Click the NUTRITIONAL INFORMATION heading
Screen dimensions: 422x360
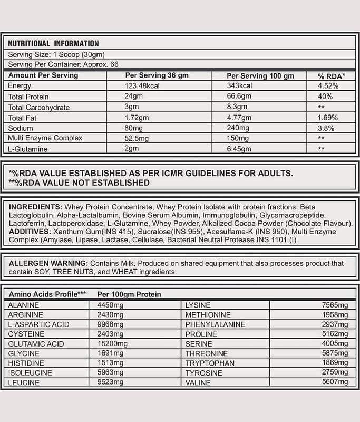53,44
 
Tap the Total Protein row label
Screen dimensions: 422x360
28,97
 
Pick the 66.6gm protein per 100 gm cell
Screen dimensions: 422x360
238,97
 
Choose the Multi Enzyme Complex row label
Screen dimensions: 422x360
45,138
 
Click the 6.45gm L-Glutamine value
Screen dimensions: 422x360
239,149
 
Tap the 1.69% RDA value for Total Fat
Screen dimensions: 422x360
328,118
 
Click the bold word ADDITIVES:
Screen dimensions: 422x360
31,232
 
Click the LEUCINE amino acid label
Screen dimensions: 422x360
24,382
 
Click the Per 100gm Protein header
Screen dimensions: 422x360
129,294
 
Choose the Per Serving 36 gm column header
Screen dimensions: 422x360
157,75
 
